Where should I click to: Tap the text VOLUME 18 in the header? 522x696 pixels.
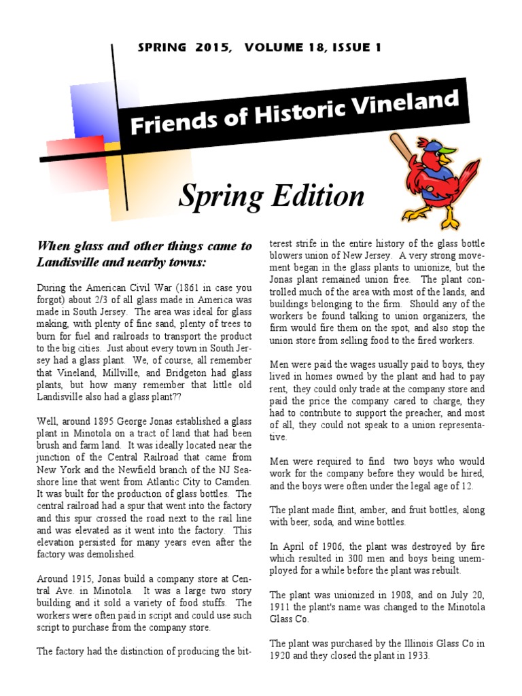click(x=277, y=48)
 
